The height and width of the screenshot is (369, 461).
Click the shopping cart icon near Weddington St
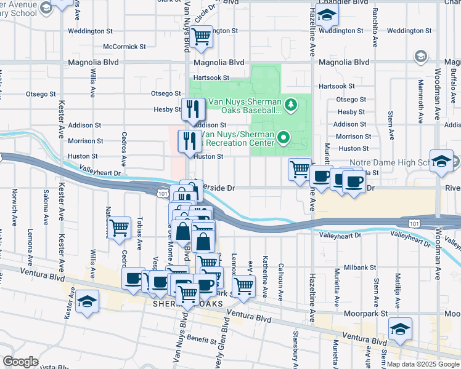coord(202,36)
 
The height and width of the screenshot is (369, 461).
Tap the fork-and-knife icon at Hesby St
coord(193,109)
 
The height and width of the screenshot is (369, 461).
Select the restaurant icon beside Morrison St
coord(189,141)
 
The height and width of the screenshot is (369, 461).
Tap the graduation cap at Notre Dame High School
coord(441,161)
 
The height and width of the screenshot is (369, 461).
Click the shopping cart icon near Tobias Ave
coord(119,228)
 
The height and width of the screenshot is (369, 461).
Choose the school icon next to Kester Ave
coord(88,301)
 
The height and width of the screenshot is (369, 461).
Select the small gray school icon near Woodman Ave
coord(421,57)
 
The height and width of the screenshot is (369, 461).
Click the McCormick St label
coord(124,46)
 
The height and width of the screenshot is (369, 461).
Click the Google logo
coord(20,361)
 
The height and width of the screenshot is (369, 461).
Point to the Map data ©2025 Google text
coord(422,364)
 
